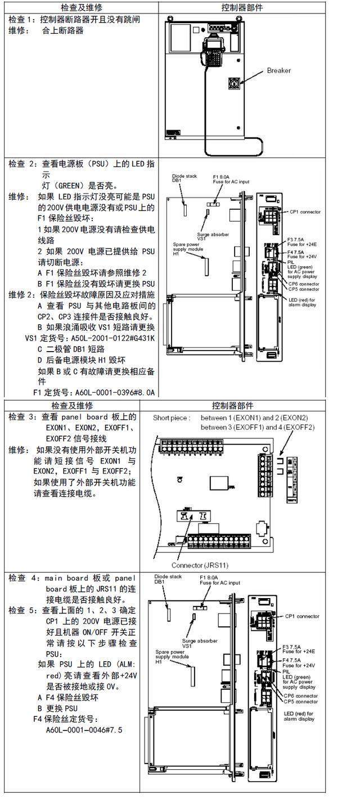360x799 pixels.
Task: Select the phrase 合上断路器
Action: [x=63, y=30]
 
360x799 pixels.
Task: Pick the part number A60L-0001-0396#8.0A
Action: [x=93, y=392]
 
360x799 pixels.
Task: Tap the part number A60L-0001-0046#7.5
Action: [x=84, y=730]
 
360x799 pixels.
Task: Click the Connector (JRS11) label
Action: [x=200, y=565]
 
